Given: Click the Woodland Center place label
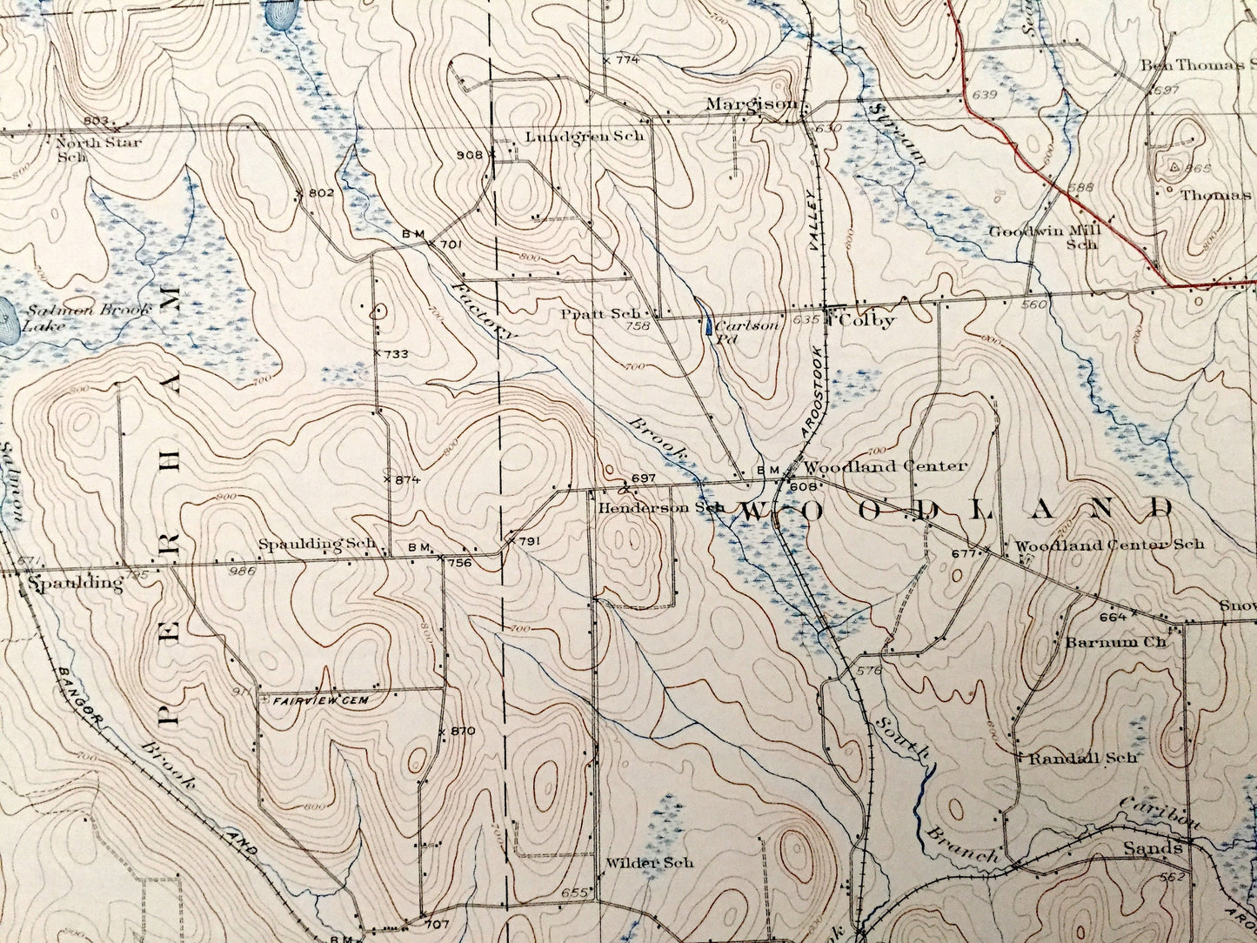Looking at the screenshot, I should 884,465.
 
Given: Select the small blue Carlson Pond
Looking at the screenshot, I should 711,328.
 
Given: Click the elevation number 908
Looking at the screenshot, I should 470,155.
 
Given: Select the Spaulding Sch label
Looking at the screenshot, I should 317,544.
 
